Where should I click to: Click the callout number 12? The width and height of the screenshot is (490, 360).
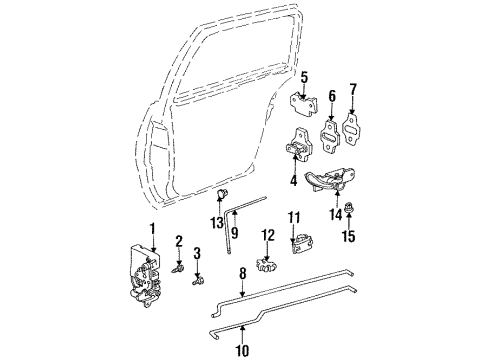click(x=267, y=236)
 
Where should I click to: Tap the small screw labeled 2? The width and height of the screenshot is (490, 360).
click(x=177, y=267)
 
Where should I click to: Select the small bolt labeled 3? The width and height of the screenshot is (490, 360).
click(x=198, y=281)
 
